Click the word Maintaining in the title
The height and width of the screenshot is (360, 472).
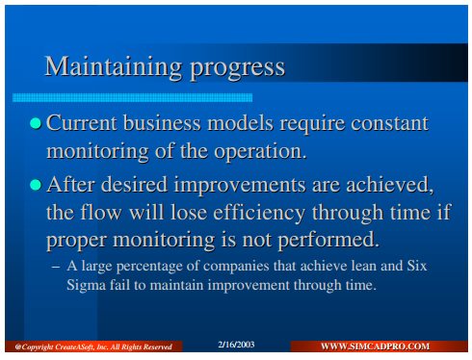[x=114, y=66]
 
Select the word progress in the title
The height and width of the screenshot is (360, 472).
[x=238, y=68]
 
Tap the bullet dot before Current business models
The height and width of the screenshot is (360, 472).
[x=36, y=123]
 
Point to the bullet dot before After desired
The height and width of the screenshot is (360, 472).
[x=36, y=185]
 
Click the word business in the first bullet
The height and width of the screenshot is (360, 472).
[x=162, y=123]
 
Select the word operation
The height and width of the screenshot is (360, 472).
[x=260, y=151]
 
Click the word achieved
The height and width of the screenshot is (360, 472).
[x=389, y=185]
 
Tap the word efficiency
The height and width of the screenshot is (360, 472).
[x=259, y=213]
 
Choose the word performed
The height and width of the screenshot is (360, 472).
[x=328, y=241]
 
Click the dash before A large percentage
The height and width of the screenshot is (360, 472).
[x=56, y=267]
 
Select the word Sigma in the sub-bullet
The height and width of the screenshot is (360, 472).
[x=86, y=285]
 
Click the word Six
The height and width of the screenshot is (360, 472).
[x=417, y=266]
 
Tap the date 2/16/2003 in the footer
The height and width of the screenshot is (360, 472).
[x=236, y=345]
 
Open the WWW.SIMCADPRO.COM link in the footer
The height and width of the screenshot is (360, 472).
[x=375, y=347]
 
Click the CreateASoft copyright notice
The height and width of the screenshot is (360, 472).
[x=93, y=347]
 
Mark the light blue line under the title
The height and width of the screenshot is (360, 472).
[x=132, y=97]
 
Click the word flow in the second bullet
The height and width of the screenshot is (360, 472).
[x=101, y=213]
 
